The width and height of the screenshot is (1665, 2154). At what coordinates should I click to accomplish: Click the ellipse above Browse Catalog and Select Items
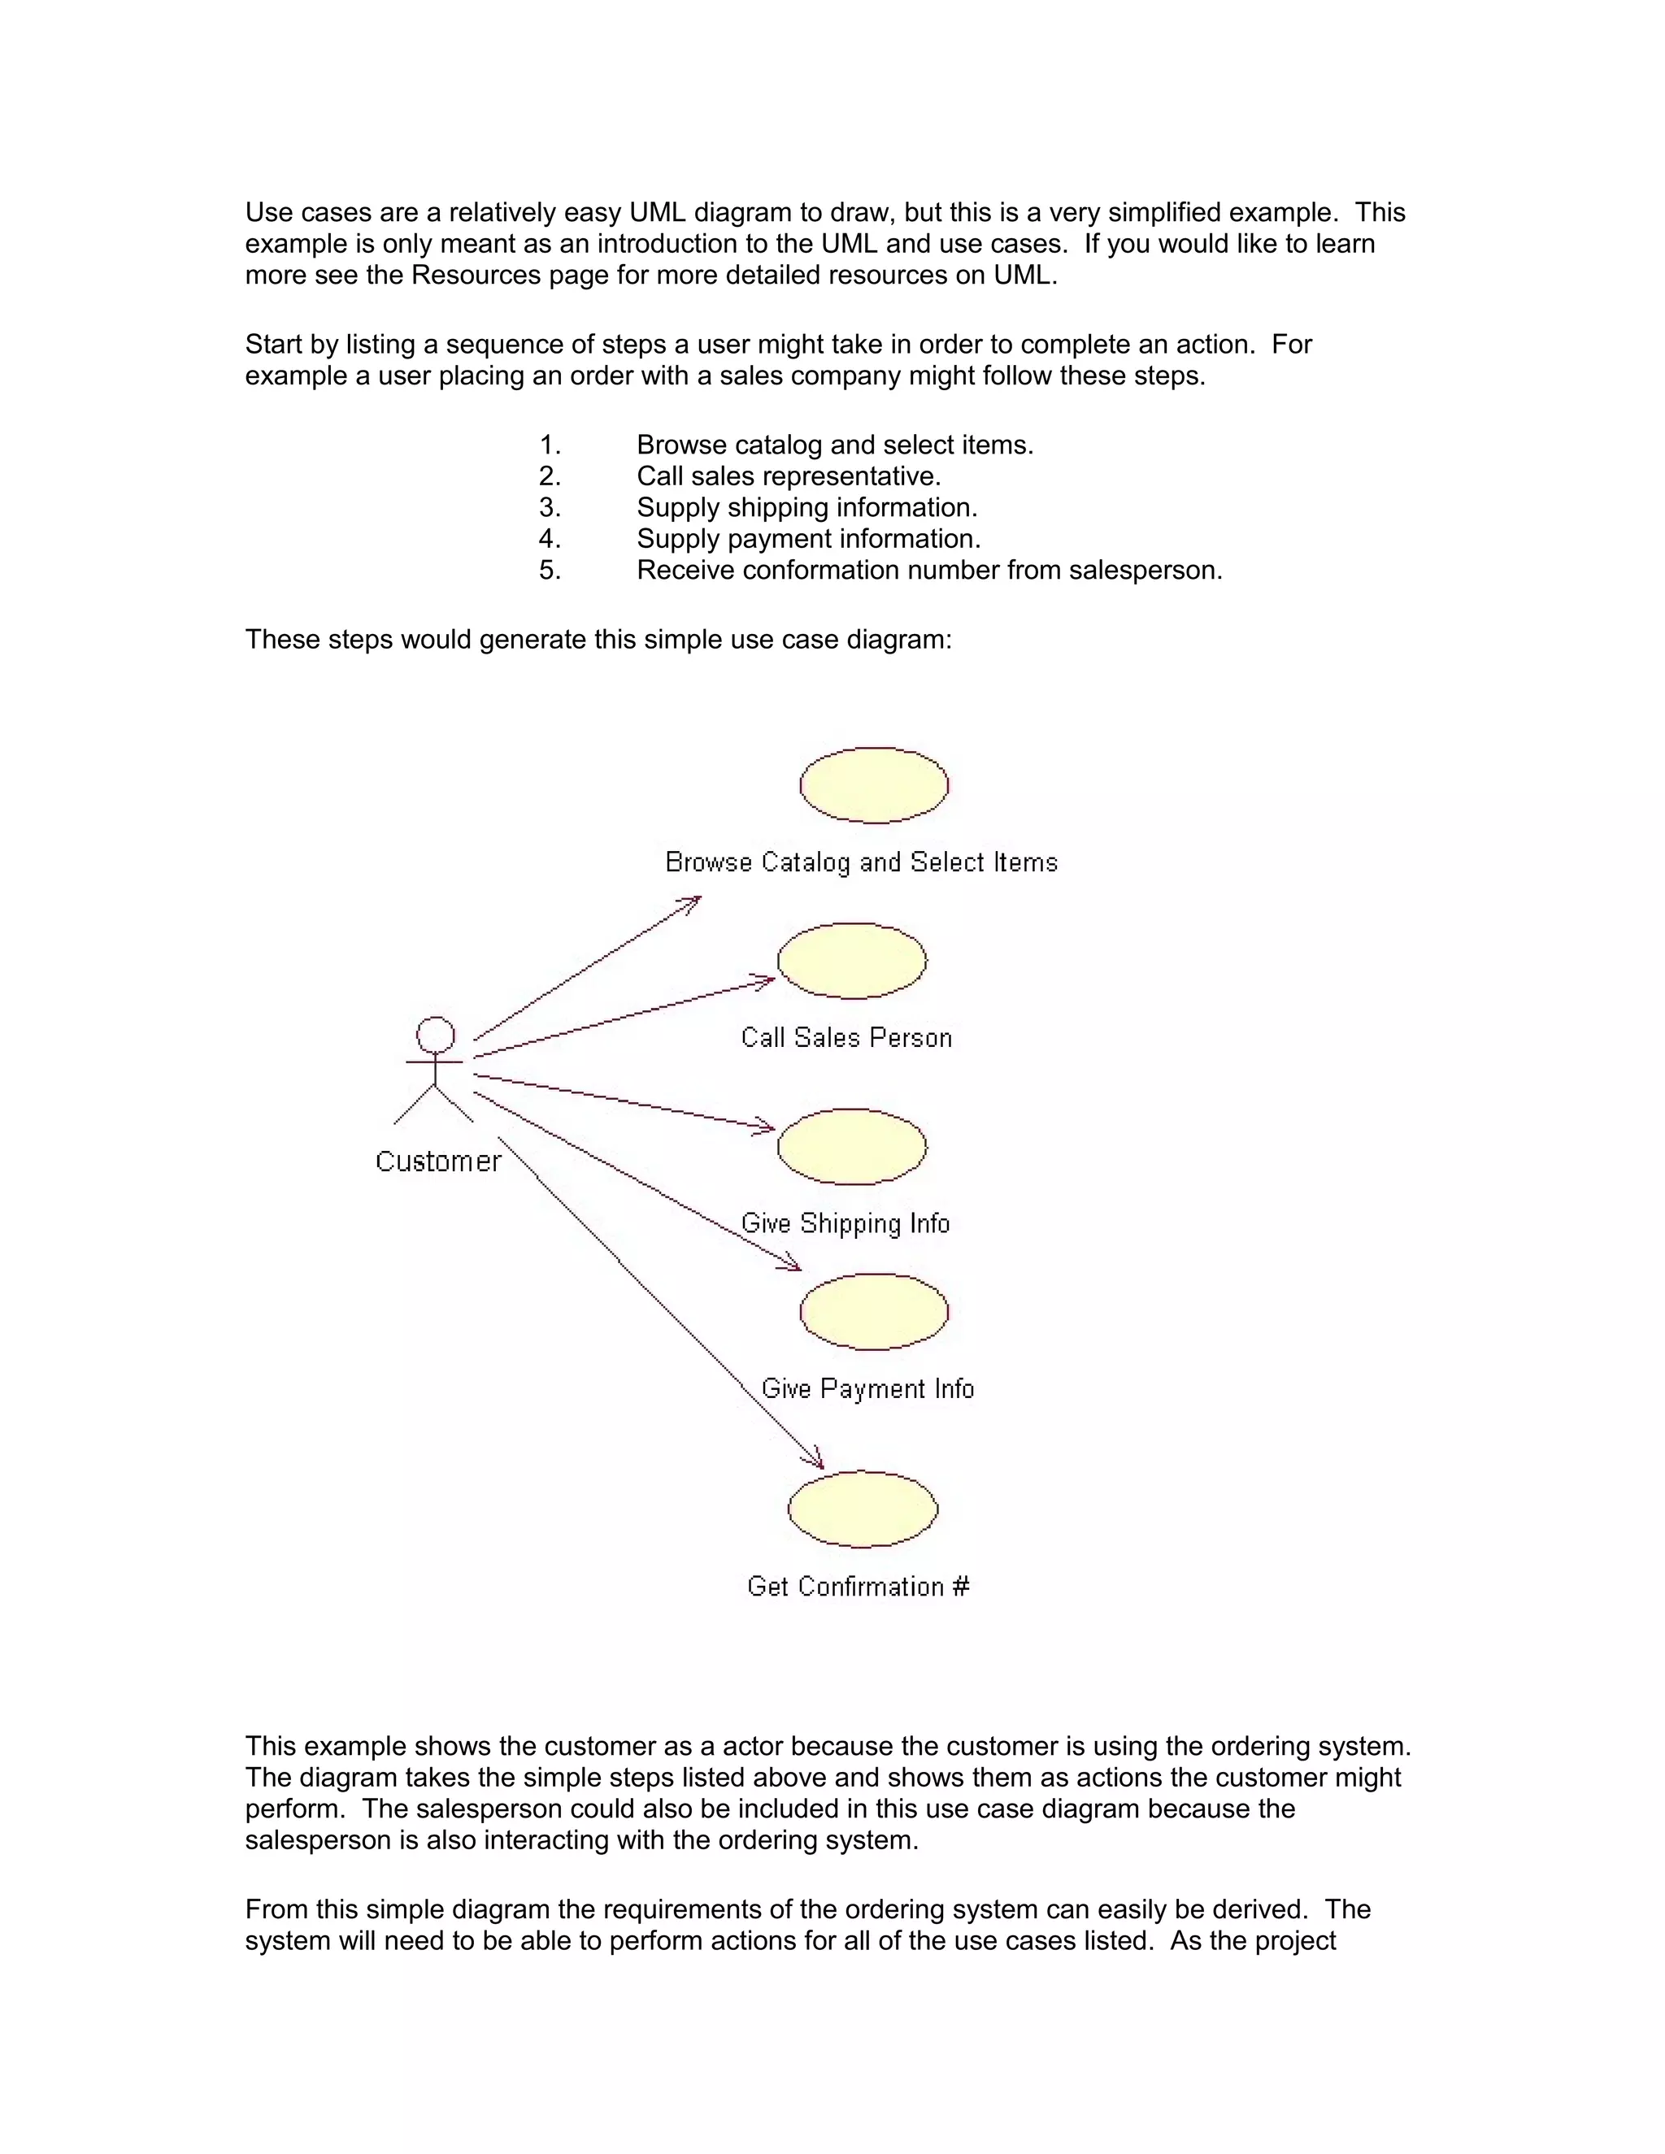pos(874,785)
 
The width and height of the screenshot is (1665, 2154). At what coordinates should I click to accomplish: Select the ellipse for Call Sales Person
pos(852,961)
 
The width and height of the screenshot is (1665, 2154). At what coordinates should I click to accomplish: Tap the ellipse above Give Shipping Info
pos(852,1146)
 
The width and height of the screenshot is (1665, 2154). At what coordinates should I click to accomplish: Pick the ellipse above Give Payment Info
pos(874,1312)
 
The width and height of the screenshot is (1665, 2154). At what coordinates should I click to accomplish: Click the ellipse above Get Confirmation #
pos(863,1509)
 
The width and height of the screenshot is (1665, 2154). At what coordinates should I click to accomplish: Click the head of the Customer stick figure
pos(435,1036)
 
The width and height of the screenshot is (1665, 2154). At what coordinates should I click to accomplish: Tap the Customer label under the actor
pos(438,1162)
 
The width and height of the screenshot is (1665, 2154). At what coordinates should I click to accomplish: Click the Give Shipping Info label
pos(846,1224)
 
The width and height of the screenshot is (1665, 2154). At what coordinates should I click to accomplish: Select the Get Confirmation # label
pos(859,1586)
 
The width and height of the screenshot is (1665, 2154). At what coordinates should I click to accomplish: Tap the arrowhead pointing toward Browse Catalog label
pos(693,901)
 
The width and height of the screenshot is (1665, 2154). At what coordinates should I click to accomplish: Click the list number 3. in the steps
pos(550,508)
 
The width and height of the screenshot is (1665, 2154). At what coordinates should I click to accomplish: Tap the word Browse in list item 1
pos(680,445)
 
